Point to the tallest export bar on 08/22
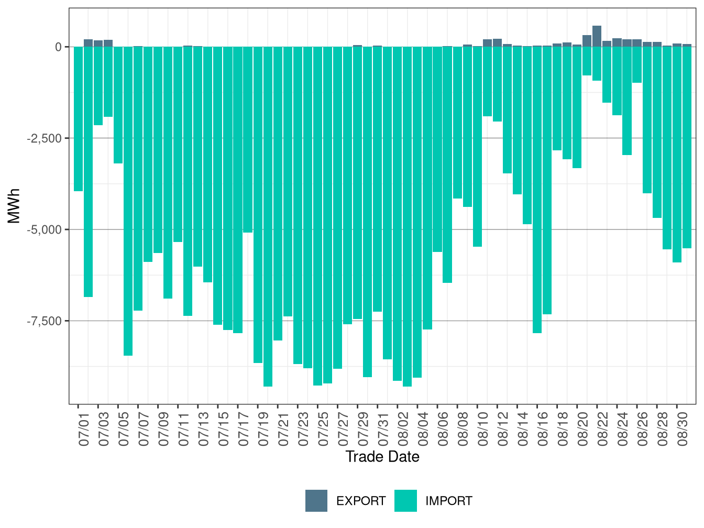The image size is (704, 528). point(597,36)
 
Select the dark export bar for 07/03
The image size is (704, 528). point(98,43)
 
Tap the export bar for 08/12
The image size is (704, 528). point(497,43)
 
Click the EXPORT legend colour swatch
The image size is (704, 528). point(316,501)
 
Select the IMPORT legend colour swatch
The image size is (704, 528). point(405,501)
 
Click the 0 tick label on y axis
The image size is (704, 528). point(58,47)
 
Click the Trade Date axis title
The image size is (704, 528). point(382,457)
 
